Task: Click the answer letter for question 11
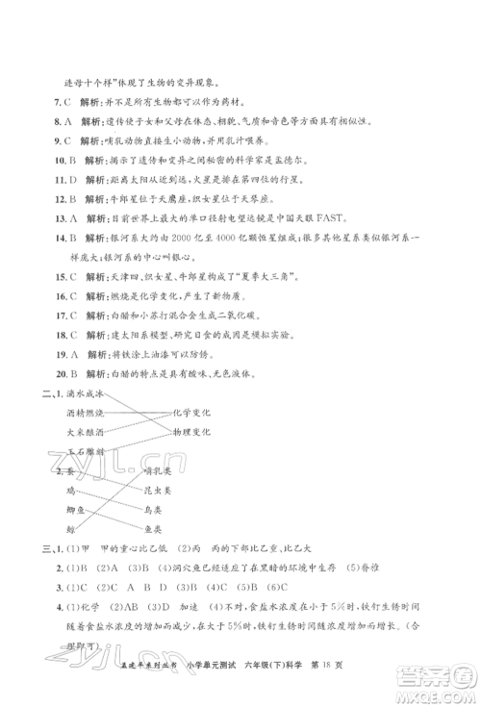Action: (70, 180)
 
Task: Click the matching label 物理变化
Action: (190, 433)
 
